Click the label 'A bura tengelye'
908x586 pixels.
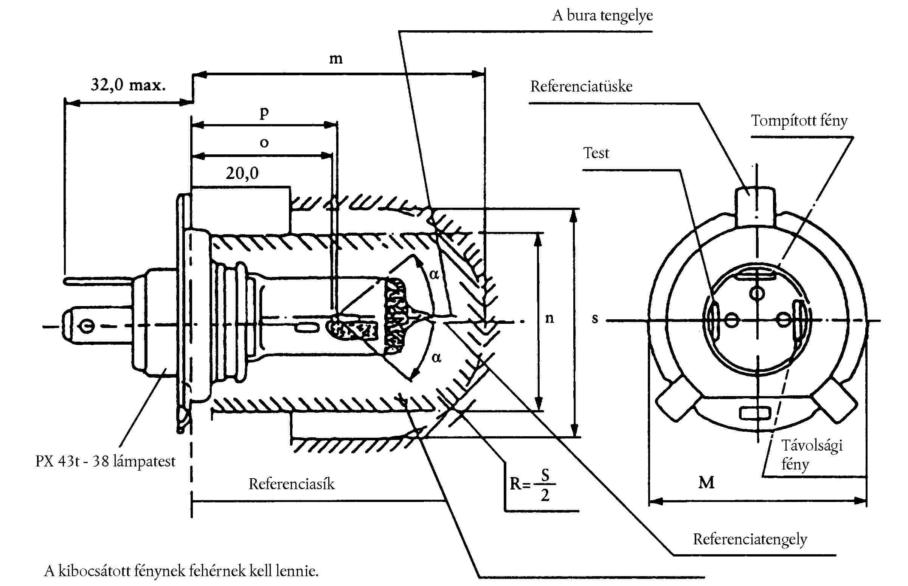[602, 16]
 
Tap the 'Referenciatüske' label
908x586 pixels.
[581, 86]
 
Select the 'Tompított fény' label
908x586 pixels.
[799, 121]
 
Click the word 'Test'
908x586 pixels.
[596, 153]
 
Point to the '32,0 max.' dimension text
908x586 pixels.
[128, 84]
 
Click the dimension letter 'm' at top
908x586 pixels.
[335, 59]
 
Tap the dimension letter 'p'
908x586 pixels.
[264, 112]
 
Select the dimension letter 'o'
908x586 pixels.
[264, 143]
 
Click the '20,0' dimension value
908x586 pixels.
[242, 173]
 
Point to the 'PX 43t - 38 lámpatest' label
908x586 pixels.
[105, 461]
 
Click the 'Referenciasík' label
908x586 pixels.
[291, 484]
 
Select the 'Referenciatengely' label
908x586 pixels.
[750, 539]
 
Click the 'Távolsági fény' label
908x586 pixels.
[812, 454]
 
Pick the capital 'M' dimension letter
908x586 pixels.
[706, 482]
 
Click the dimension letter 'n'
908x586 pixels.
[549, 318]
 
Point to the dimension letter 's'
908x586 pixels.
[595, 318]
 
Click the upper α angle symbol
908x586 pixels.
[434, 274]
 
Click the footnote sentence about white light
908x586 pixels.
[181, 571]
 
